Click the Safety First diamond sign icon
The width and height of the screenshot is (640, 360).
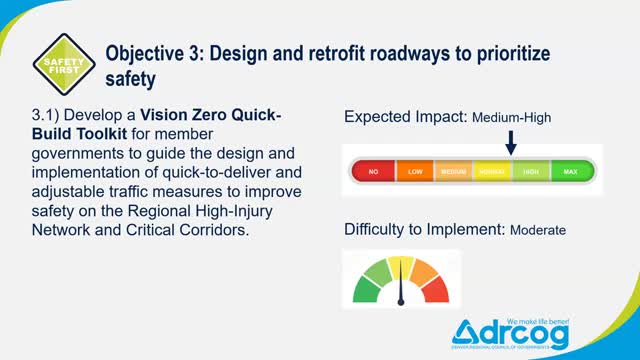point(64,63)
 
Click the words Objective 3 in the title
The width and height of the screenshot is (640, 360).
point(153,52)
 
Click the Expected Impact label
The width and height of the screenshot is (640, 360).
point(404,117)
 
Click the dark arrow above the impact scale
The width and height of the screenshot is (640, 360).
point(510,142)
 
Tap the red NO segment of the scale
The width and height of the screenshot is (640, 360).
point(373,171)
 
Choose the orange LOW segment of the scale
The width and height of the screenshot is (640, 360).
point(413,171)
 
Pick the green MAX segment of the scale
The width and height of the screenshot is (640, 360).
point(571,171)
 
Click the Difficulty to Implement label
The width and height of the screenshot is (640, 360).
point(424,229)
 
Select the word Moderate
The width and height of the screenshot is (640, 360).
point(538,230)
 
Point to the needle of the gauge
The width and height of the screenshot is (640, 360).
point(402,288)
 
